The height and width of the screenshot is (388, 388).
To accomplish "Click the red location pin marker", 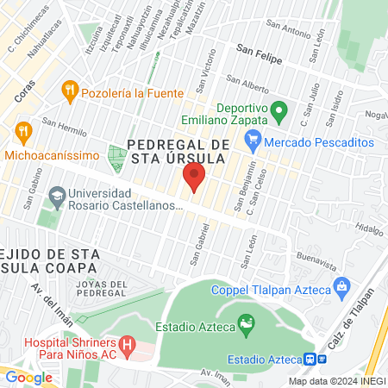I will tap(193, 178).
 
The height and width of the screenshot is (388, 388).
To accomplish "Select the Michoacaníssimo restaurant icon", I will tap(23, 132).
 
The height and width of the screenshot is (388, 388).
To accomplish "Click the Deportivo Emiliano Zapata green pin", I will tap(278, 110).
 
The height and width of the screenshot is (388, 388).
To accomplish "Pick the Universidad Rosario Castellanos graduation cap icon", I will tap(58, 197).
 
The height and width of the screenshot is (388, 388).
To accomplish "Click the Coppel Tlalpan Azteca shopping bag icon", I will tap(341, 285).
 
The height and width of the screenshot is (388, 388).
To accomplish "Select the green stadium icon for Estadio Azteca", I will tap(247, 325).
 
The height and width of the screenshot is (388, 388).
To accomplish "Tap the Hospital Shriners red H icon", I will tap(128, 347).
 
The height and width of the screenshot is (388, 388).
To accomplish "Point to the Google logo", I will tap(28, 376).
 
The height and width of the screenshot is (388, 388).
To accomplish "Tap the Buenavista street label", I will tap(313, 256).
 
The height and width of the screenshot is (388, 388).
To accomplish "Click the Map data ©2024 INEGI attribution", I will tap(336, 380).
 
